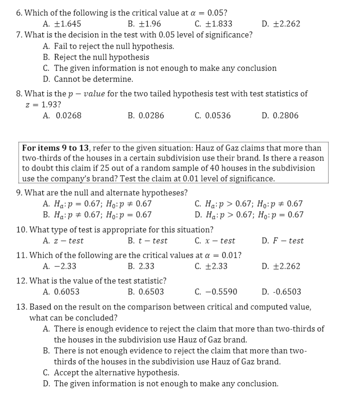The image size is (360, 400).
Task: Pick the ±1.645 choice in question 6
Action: click(x=68, y=24)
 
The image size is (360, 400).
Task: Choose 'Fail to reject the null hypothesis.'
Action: click(x=113, y=46)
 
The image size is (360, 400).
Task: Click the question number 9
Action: click(x=19, y=192)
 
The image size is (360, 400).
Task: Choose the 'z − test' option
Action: click(x=68, y=240)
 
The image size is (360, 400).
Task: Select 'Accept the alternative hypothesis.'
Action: click(x=116, y=373)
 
